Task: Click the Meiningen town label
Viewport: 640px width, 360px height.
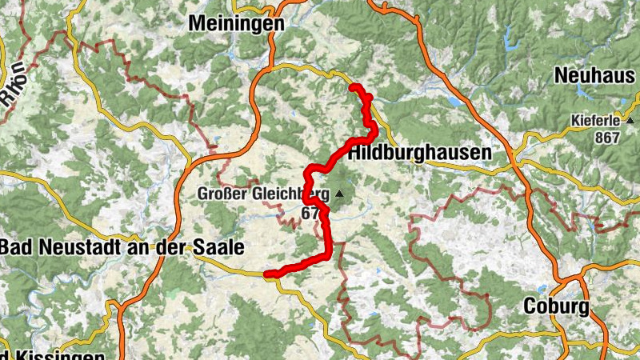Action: pos(236,24)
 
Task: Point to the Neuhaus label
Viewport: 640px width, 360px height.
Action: pos(595,76)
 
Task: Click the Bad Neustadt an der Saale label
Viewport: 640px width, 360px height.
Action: pos(122,247)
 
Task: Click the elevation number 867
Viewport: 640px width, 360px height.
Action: pos(608,137)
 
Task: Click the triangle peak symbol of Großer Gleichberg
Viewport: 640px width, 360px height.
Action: pos(340,194)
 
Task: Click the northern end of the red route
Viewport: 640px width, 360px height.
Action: pos(353,86)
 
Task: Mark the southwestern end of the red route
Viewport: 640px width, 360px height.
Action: pos(267,274)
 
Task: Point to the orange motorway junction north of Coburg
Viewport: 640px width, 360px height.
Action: pos(573,280)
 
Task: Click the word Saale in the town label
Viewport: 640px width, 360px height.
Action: pos(218,247)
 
